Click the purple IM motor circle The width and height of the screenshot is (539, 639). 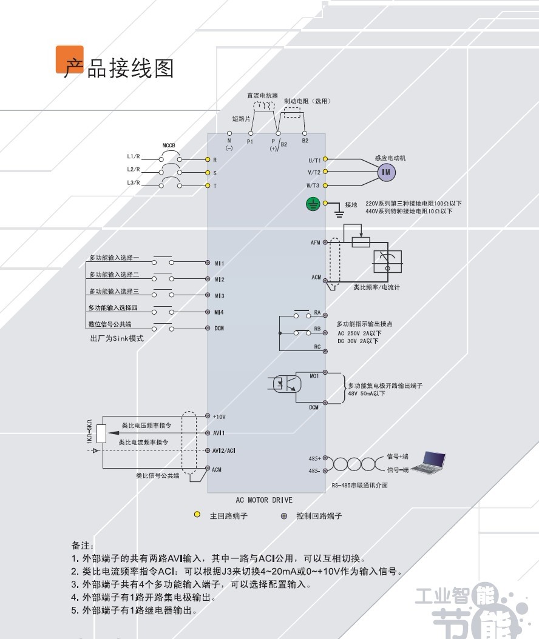[386, 172]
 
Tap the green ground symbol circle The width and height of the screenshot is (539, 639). [313, 204]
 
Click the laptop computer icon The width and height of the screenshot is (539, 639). [429, 463]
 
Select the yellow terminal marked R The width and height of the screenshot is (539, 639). [208, 159]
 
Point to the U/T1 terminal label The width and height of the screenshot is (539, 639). [314, 160]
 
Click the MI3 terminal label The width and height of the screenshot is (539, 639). [220, 295]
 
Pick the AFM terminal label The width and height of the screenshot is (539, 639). [316, 243]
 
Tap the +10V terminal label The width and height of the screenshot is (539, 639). [219, 417]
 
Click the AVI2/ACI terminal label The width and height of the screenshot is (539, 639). [223, 450]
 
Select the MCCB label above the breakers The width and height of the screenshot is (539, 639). [169, 146]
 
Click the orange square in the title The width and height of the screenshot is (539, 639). [70, 59]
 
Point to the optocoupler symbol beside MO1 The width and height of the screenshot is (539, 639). [284, 384]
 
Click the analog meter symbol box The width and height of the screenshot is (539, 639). [388, 261]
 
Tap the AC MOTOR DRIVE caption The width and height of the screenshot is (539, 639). [264, 500]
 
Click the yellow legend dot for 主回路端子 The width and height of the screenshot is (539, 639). [197, 515]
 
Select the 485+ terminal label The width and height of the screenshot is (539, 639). [314, 458]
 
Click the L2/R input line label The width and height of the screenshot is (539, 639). [134, 169]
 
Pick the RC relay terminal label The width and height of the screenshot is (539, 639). [317, 347]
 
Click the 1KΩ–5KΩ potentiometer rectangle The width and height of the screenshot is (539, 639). [101, 433]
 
